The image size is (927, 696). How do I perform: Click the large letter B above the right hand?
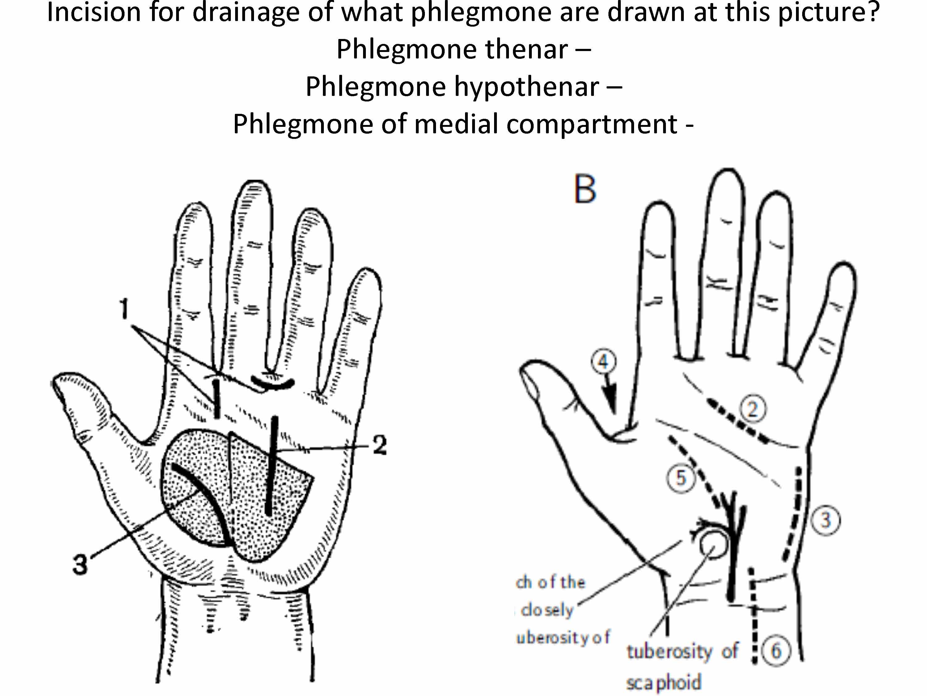(585, 189)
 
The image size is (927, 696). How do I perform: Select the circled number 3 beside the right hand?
(825, 520)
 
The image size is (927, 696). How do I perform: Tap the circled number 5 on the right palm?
(681, 477)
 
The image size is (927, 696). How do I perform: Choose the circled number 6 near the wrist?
(776, 651)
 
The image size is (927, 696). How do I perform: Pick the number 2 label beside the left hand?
(379, 445)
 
